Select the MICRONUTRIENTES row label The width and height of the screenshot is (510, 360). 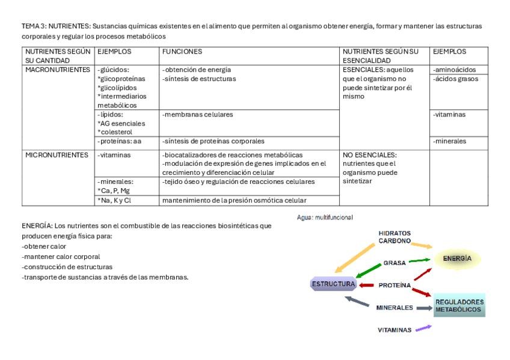(x=57, y=155)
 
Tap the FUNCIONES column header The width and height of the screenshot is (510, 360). (x=182, y=52)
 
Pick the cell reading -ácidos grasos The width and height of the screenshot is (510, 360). (x=455, y=79)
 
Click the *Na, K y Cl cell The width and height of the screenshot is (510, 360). (x=114, y=200)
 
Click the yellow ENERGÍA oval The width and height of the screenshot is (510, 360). (x=458, y=259)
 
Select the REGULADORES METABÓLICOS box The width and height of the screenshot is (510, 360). (x=459, y=305)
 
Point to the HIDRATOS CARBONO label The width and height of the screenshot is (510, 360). (x=395, y=237)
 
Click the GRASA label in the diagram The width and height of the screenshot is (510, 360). (x=395, y=263)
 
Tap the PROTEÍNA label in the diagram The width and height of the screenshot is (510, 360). (x=395, y=285)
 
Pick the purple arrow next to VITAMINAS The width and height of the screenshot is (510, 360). (x=423, y=328)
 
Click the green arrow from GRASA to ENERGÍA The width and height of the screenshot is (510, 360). (x=420, y=261)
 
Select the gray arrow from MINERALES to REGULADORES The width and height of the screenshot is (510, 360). (x=425, y=308)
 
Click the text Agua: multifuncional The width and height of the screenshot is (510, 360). (x=325, y=217)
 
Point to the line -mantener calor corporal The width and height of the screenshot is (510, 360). (x=61, y=257)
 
